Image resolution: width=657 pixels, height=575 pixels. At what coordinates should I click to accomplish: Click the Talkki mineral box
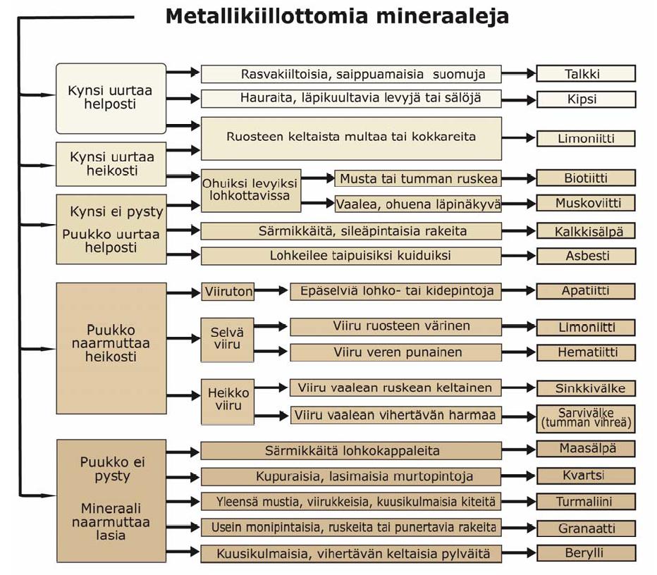(x=586, y=73)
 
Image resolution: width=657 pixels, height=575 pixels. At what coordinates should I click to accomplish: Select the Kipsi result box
(x=586, y=99)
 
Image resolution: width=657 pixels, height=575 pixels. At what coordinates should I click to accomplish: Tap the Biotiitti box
(x=586, y=178)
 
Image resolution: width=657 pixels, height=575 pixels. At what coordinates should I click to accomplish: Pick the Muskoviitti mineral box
(x=586, y=203)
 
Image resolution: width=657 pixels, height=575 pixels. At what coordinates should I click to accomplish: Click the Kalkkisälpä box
(x=586, y=230)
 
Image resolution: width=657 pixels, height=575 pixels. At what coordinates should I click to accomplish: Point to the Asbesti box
(x=586, y=256)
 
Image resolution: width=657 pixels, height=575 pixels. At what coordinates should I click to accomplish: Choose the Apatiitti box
(x=586, y=291)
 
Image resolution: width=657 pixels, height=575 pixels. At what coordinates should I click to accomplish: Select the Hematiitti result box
(x=586, y=352)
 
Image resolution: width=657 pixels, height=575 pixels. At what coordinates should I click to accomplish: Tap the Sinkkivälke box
(x=586, y=388)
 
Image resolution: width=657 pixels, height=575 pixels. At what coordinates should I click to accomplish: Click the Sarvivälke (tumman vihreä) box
(x=586, y=419)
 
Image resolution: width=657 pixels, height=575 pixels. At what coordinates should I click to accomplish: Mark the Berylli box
(x=586, y=553)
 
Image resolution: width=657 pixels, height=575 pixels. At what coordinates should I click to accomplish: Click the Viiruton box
(x=228, y=292)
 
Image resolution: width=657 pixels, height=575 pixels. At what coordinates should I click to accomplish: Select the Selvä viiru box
(x=227, y=339)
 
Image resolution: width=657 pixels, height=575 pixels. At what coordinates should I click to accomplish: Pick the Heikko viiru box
(x=228, y=402)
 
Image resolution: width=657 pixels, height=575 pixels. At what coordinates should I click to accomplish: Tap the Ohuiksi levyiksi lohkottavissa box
(x=251, y=190)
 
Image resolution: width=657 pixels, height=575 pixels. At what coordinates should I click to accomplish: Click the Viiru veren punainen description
(x=395, y=352)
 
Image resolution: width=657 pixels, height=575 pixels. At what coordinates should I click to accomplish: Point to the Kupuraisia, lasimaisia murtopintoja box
(x=351, y=476)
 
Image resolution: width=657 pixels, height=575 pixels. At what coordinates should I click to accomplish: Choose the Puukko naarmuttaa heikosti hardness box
(x=111, y=348)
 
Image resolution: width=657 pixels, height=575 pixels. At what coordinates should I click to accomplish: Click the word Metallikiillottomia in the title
(x=266, y=16)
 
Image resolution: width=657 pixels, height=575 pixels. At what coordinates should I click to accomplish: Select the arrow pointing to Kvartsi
(x=519, y=476)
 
